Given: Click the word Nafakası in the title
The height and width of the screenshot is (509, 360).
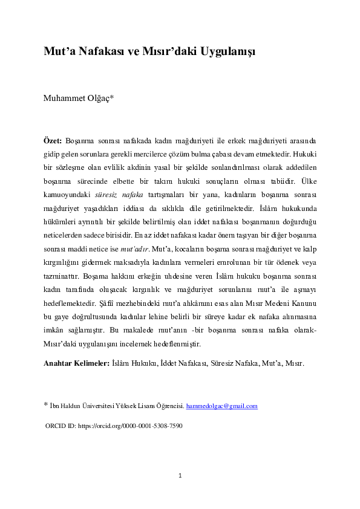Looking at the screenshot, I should click(x=96, y=51).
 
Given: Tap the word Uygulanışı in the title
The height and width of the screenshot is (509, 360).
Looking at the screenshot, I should click(x=224, y=51).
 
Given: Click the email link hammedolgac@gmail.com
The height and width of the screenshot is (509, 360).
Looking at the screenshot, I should click(x=221, y=406).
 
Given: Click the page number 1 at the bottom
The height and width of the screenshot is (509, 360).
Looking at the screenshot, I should click(x=180, y=476).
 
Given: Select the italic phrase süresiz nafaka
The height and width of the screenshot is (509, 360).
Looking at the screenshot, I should click(x=119, y=193).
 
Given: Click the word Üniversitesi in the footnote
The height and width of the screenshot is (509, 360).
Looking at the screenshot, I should click(x=99, y=406).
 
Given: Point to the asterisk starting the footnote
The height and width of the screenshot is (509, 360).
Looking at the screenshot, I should click(x=46, y=405).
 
